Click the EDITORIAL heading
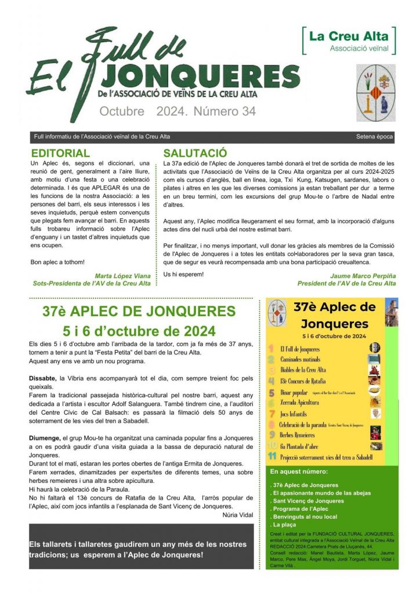point(60,153)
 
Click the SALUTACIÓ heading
point(195,153)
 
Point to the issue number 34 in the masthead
point(247,112)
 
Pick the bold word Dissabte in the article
point(45,378)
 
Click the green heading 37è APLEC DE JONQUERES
point(139,312)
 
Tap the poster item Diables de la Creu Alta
point(303,369)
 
